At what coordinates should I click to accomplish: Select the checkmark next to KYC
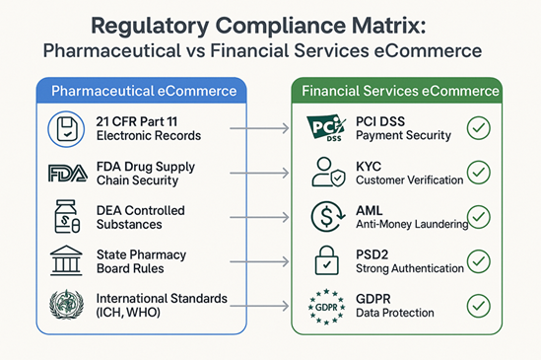[478, 172]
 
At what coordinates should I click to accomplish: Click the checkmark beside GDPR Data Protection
[478, 304]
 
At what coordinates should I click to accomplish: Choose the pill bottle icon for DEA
[65, 217]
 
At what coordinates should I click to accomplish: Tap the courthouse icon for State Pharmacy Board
[65, 260]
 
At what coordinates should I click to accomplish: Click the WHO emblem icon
[65, 304]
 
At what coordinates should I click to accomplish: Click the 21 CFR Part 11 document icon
[65, 128]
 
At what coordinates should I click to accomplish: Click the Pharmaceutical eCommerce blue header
[144, 92]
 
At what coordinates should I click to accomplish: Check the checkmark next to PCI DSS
[478, 128]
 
